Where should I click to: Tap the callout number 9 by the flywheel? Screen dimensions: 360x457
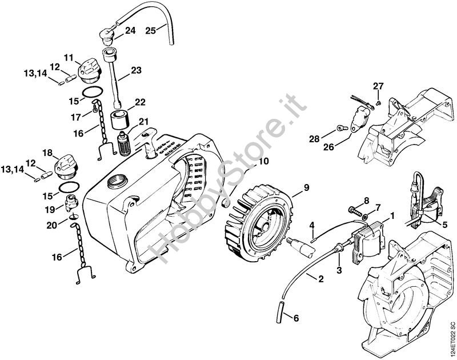(x=306, y=188)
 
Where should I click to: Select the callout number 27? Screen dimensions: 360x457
(x=378, y=86)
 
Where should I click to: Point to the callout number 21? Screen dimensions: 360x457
(x=143, y=121)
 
